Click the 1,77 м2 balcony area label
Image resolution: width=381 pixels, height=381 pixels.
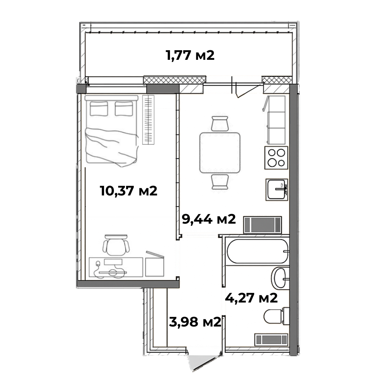[x=190, y=55]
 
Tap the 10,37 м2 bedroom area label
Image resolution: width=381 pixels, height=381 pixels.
[x=128, y=190]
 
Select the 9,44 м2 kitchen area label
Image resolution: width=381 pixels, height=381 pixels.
[x=209, y=219]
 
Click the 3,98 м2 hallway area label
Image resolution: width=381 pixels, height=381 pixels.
[x=195, y=322]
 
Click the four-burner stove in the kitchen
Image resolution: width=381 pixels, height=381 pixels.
[x=276, y=158]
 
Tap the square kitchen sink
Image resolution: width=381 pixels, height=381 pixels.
[x=277, y=189]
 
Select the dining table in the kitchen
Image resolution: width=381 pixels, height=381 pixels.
[x=220, y=153]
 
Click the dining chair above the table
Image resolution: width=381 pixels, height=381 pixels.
[x=220, y=124]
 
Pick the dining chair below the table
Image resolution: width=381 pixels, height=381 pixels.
[x=220, y=182]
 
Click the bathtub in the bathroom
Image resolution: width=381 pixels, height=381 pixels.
[x=258, y=251]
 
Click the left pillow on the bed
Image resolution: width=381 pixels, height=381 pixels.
[x=99, y=109]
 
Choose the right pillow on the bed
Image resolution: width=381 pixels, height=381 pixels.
[x=124, y=109]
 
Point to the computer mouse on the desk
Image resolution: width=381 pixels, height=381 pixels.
[x=98, y=264]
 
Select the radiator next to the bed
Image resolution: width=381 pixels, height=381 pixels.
[x=148, y=120]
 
